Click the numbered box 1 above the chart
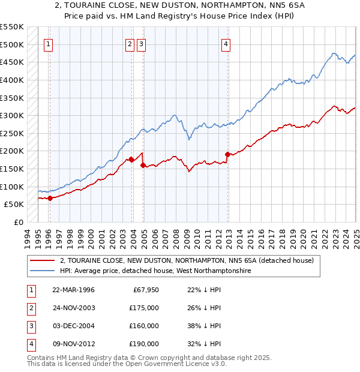click(x=48, y=43)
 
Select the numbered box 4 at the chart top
click(x=226, y=43)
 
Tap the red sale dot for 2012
click(x=227, y=154)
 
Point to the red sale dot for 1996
click(x=50, y=198)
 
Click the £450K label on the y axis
click(x=12, y=62)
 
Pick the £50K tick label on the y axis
click(x=14, y=205)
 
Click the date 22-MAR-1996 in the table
click(x=73, y=290)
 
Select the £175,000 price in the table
click(x=144, y=308)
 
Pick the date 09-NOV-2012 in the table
click(x=74, y=344)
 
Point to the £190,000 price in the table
click(x=144, y=344)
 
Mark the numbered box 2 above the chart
click(x=130, y=43)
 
